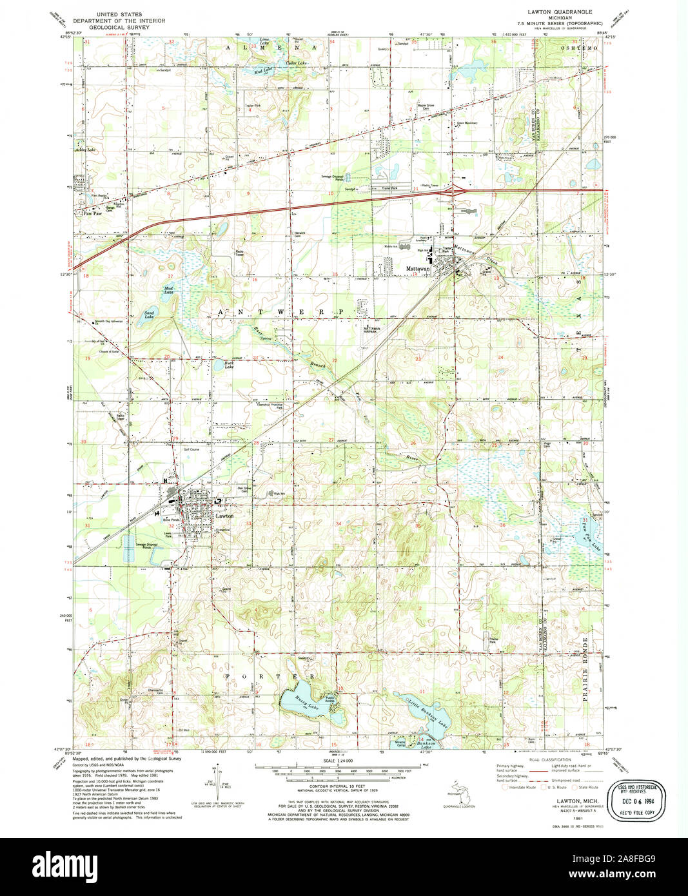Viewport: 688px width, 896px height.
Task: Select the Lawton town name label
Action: pyautogui.click(x=224, y=516)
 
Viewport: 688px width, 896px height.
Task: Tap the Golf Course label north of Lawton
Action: pyautogui.click(x=191, y=449)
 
